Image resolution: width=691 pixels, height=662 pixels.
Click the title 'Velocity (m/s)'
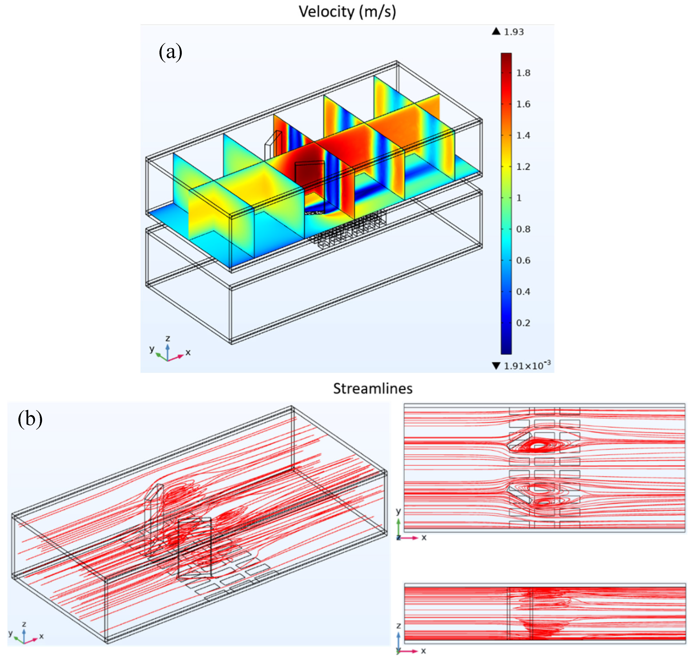347,12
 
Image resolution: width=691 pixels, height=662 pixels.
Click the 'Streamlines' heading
373,389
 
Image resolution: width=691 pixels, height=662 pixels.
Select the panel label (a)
170,52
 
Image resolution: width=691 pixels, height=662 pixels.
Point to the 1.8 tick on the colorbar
523,73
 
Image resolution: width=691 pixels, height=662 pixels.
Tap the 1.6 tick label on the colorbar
523,104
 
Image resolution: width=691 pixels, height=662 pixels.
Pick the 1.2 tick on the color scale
523,167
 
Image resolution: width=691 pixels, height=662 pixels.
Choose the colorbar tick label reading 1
519,198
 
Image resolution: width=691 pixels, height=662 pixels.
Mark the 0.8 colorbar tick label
523,229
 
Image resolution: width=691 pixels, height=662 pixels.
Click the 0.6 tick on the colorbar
523,260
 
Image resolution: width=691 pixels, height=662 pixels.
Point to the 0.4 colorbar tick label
523,292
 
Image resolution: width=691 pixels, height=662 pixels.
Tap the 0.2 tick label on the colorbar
523,323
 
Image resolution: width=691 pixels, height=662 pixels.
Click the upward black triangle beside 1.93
496,31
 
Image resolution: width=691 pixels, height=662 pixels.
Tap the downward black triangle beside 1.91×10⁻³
496,366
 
